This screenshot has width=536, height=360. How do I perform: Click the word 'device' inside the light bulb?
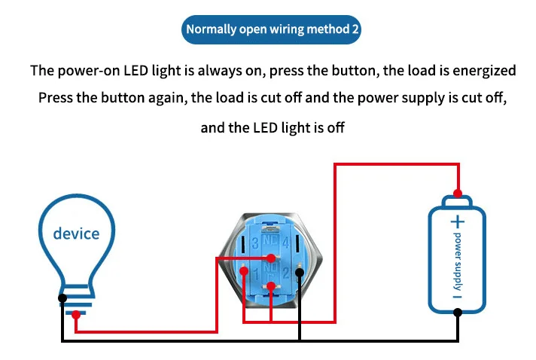tap(76, 233)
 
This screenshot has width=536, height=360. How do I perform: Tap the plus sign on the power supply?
tap(458, 221)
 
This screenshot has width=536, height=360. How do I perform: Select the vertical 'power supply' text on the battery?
tap(457, 260)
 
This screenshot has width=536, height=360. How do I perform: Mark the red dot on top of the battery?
tap(458, 191)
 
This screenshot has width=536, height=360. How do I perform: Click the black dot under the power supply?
tap(458, 316)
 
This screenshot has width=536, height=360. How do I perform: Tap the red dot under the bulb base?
tap(75, 316)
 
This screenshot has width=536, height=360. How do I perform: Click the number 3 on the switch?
tap(256, 243)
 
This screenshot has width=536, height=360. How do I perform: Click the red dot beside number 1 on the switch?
tap(243, 271)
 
